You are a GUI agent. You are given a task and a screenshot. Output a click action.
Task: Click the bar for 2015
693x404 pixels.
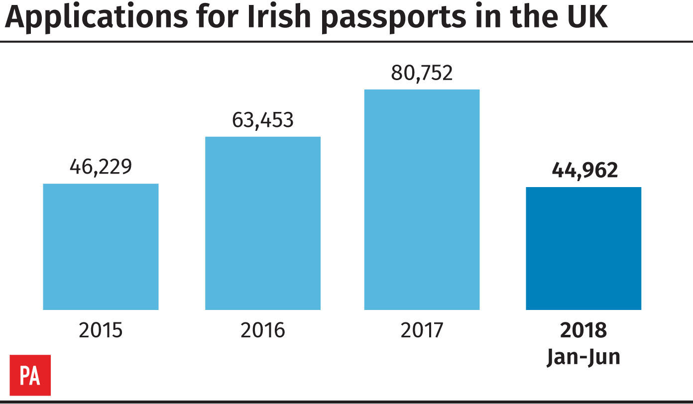(101, 247)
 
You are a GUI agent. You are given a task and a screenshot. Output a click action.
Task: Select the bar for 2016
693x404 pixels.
(262, 223)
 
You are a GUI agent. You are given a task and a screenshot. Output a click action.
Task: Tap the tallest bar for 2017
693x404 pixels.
(422, 200)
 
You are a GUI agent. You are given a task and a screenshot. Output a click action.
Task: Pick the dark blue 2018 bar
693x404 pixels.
(583, 248)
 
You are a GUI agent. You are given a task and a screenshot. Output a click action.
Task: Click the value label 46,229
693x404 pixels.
(101, 167)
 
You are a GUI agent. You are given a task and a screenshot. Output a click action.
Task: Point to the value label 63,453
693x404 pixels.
(263, 120)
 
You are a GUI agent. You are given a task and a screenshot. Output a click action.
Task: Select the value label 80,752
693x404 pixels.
(422, 73)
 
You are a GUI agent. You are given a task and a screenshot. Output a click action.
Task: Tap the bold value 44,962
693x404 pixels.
(584, 170)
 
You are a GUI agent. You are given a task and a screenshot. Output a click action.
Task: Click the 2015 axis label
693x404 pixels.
(101, 330)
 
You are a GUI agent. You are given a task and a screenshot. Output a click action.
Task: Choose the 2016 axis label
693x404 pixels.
(263, 330)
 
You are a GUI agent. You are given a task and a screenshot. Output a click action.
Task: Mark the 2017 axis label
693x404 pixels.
(422, 330)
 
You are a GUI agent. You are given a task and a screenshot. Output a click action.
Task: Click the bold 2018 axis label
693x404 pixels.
(583, 330)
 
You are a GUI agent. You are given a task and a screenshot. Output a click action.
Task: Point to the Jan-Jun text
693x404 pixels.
(583, 357)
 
